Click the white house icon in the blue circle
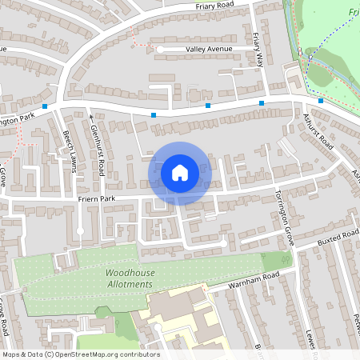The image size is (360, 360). pyautogui.click(x=180, y=172)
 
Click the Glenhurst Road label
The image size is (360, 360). pyautogui.click(x=97, y=150)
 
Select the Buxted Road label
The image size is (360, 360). pyautogui.click(x=337, y=238)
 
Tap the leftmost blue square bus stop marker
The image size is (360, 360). pyautogui.click(x=46, y=106)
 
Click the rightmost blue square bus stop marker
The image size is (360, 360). pyautogui.click(x=320, y=101)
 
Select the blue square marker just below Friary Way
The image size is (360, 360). pyautogui.click(x=262, y=103)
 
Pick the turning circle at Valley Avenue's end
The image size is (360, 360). pyautogui.click(x=160, y=50)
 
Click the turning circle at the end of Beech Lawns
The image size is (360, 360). pyautogui.click(x=79, y=232)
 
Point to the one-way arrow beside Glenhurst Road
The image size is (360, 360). pyautogui.click(x=90, y=117)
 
